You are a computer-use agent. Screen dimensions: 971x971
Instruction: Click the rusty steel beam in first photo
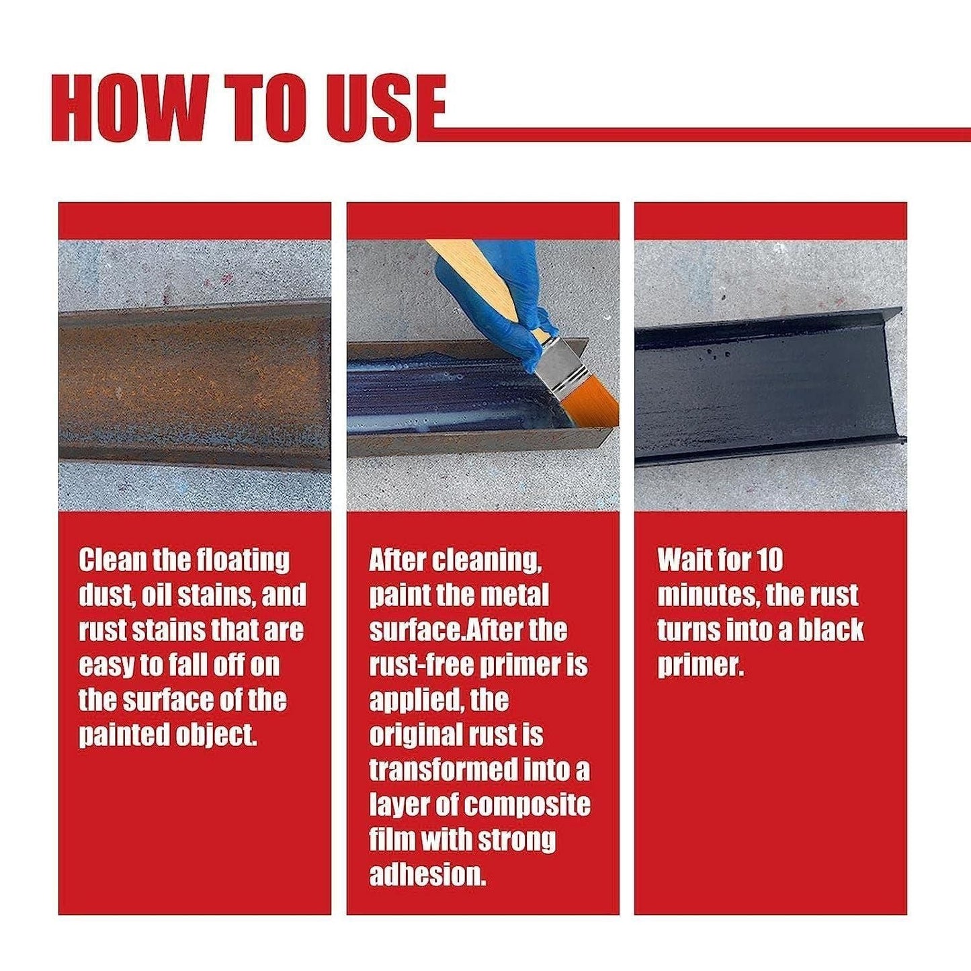coord(194,383)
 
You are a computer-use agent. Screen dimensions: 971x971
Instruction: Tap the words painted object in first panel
coord(168,735)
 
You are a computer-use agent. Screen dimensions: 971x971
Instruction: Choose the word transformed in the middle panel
coord(444,770)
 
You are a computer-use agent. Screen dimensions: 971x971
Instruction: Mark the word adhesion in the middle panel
coord(427,875)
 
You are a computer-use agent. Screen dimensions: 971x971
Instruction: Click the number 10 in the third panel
coord(769,560)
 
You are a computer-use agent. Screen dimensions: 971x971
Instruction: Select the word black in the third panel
coord(831,630)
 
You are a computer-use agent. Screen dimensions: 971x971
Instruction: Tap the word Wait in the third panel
coord(682,560)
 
